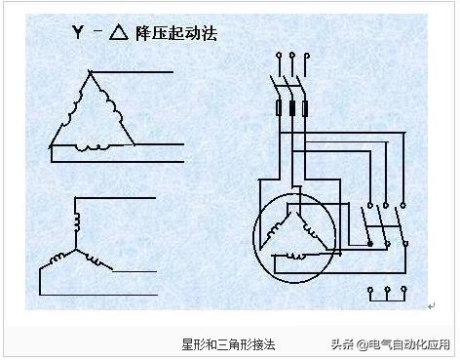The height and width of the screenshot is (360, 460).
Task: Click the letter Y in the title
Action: pyautogui.click(x=79, y=32)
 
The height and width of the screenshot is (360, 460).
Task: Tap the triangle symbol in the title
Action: pyautogui.click(x=119, y=32)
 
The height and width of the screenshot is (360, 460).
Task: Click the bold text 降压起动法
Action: pyautogui.click(x=175, y=32)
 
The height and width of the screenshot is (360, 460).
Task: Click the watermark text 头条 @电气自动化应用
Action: pyautogui.click(x=391, y=344)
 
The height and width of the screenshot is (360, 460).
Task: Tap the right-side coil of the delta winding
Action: pyautogui.click(x=113, y=110)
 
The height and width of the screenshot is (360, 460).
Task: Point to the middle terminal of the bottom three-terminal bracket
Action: pyautogui.click(x=388, y=290)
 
